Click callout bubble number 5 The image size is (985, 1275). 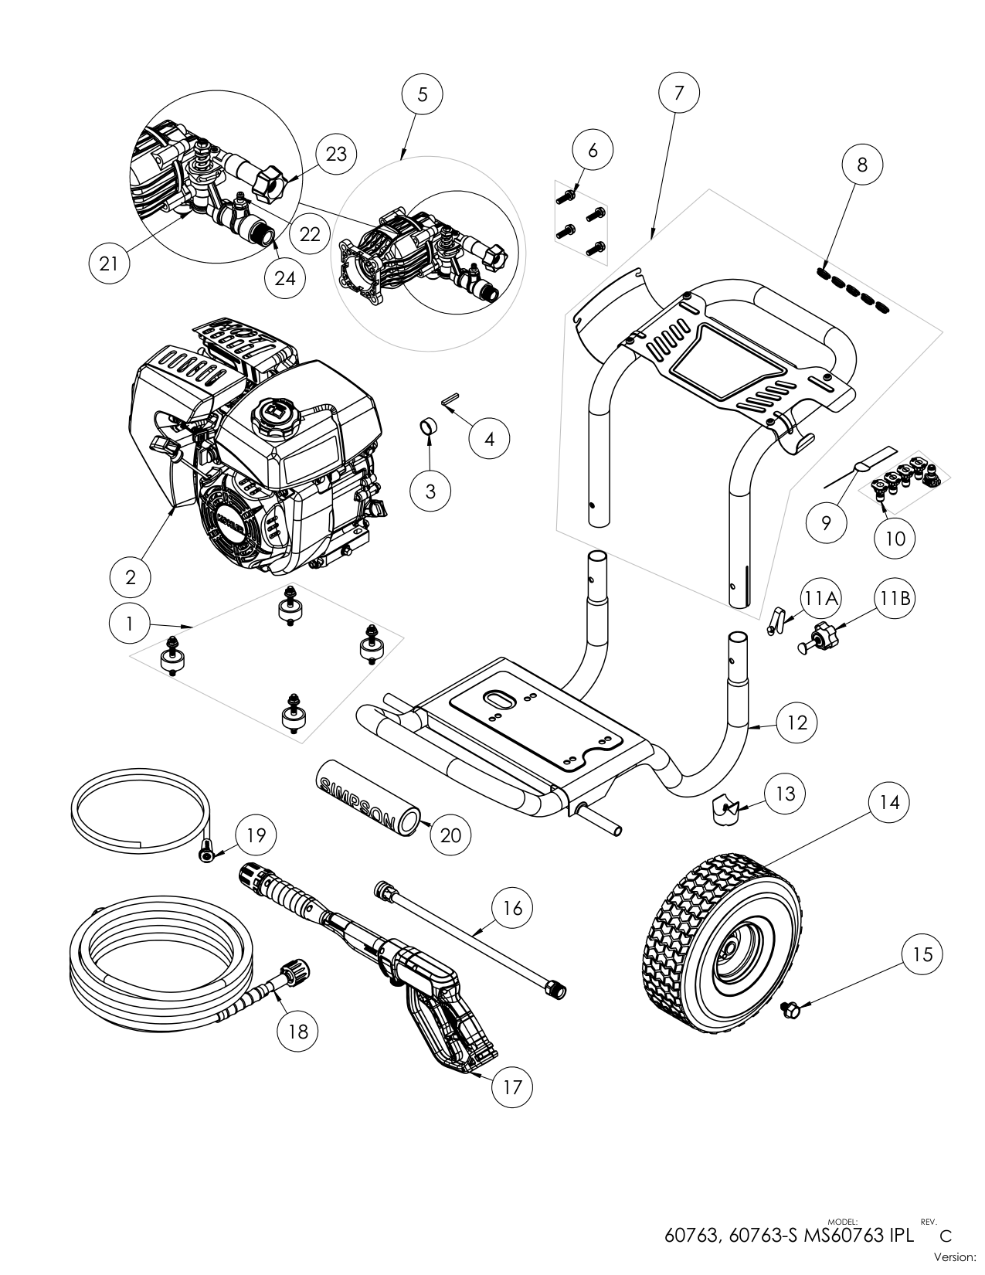[x=423, y=94]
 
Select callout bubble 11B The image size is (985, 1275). [x=895, y=599]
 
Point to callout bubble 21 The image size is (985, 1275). [x=109, y=263]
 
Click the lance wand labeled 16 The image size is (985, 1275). [x=471, y=935]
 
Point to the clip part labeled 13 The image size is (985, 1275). [x=725, y=808]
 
